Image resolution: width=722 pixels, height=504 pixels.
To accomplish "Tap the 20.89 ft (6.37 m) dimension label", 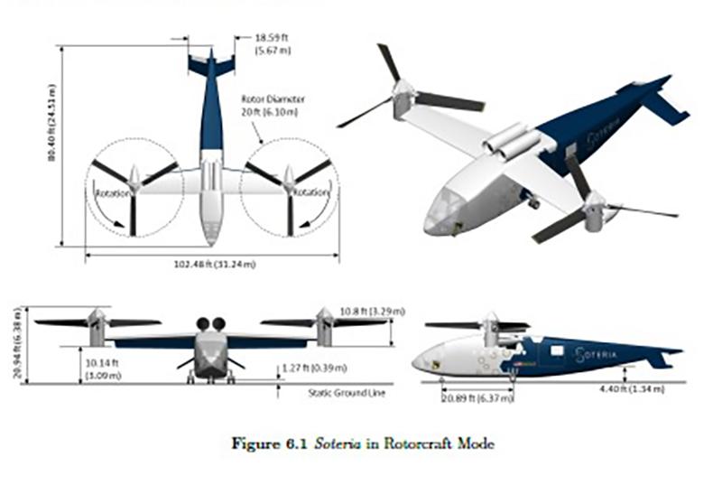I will coord(477,398).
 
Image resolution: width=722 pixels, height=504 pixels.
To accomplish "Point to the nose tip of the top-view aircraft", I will coord(210,242).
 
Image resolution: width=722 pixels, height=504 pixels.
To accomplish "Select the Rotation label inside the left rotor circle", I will coord(111,192).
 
